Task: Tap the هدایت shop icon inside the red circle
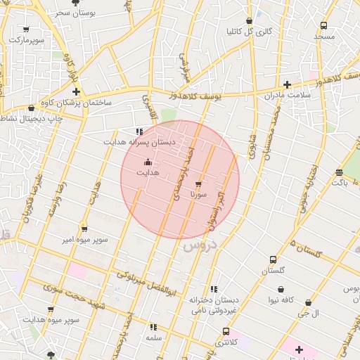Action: (148, 162)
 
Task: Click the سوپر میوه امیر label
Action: (84, 239)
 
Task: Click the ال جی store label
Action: (310, 312)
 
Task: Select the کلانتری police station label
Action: (226, 342)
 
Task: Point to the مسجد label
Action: (324, 36)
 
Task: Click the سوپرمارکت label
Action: (26, 40)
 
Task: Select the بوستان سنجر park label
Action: (75, 13)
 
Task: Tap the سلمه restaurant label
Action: (154, 338)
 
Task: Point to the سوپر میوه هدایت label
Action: (51, 320)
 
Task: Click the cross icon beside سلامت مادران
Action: (287, 84)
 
